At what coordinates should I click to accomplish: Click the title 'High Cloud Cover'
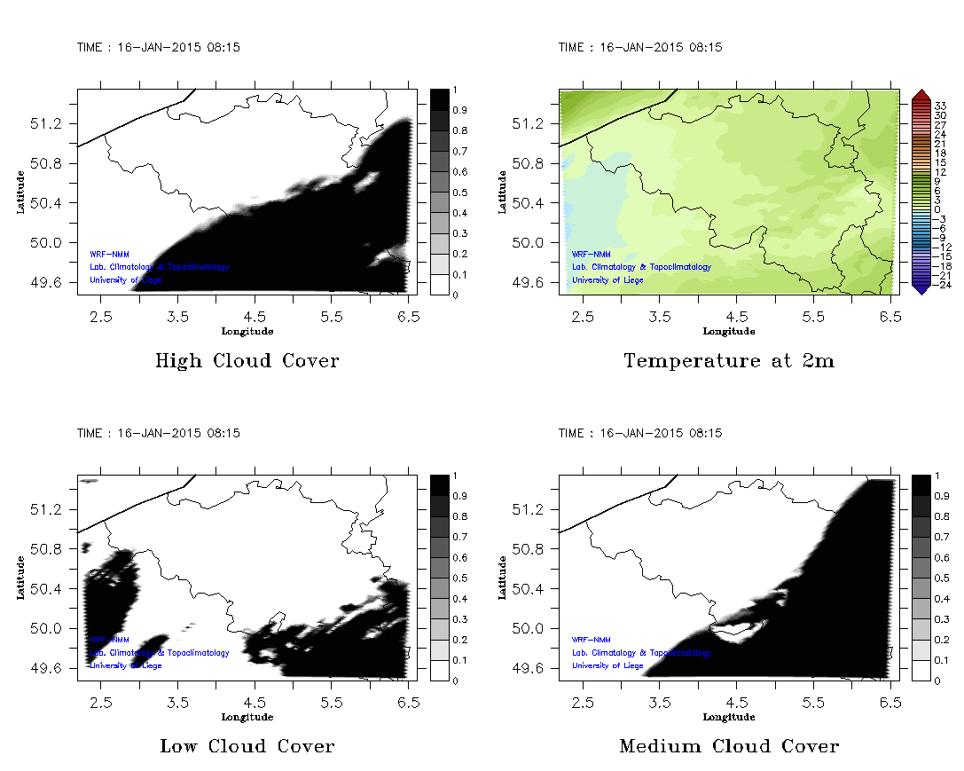click(x=247, y=361)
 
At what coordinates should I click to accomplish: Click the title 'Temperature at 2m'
click(x=729, y=361)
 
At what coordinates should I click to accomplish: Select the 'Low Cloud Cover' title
click(x=247, y=746)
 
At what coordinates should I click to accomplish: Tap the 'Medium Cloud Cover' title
click(x=729, y=746)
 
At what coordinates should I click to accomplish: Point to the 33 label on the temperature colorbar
click(x=941, y=105)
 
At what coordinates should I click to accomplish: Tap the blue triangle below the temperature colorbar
click(x=921, y=288)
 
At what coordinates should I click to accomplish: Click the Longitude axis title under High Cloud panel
click(x=247, y=331)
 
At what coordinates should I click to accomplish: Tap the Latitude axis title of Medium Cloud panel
click(x=501, y=577)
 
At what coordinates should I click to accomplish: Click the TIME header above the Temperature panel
click(x=639, y=47)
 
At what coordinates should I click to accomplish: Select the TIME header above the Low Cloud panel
click(x=158, y=433)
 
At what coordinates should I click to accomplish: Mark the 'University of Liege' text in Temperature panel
click(x=607, y=280)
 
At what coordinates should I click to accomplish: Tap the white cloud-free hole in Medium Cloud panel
click(x=740, y=630)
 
